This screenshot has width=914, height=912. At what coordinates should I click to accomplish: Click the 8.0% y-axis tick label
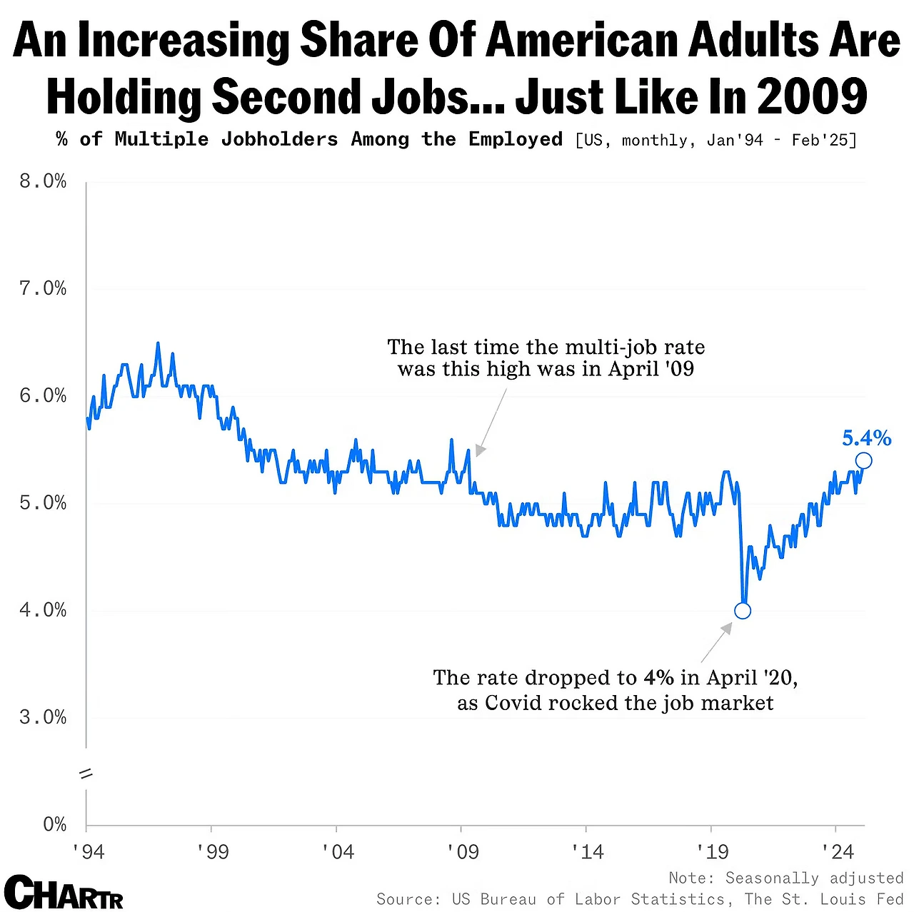[x=43, y=182]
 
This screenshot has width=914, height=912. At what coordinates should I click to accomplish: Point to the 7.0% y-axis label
[x=43, y=289]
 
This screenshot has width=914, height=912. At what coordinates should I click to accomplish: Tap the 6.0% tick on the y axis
[x=43, y=396]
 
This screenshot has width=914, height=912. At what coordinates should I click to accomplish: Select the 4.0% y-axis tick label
[x=43, y=610]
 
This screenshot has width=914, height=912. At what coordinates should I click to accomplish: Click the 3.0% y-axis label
[x=43, y=717]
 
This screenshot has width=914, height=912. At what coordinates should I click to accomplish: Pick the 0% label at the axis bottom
[x=54, y=825]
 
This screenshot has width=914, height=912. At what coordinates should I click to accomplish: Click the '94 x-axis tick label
[x=88, y=851]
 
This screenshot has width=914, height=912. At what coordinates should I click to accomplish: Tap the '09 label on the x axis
[x=462, y=851]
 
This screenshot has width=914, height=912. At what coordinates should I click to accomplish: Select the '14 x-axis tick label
[x=587, y=851]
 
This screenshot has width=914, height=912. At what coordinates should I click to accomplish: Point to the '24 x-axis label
[x=837, y=851]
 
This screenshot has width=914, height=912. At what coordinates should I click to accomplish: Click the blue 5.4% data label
[x=866, y=437]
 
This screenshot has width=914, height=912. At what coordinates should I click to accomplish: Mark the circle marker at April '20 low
[x=743, y=611]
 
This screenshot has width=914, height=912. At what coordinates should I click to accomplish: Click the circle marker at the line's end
[x=863, y=461]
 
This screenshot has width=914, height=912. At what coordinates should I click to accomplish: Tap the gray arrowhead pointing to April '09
[x=480, y=451]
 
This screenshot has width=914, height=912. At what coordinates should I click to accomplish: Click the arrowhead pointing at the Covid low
[x=727, y=628]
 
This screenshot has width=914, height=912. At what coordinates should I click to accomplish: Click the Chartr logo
[x=64, y=893]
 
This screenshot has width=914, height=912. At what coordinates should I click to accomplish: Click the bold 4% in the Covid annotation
[x=658, y=677]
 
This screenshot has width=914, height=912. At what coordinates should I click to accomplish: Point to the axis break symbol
[x=86, y=774]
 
